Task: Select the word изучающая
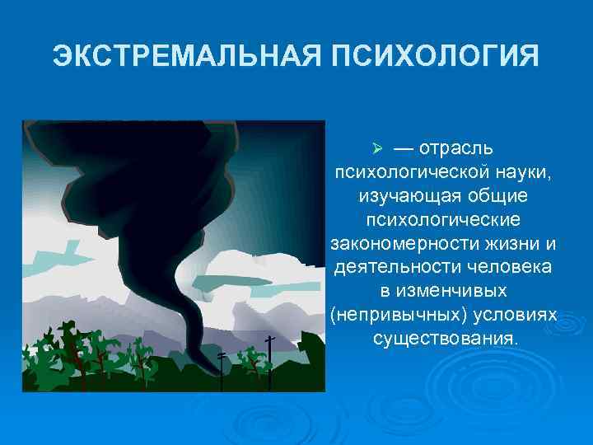(x=401, y=197)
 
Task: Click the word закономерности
(x=394, y=245)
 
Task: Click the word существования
(x=445, y=340)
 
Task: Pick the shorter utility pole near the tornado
(x=221, y=369)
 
